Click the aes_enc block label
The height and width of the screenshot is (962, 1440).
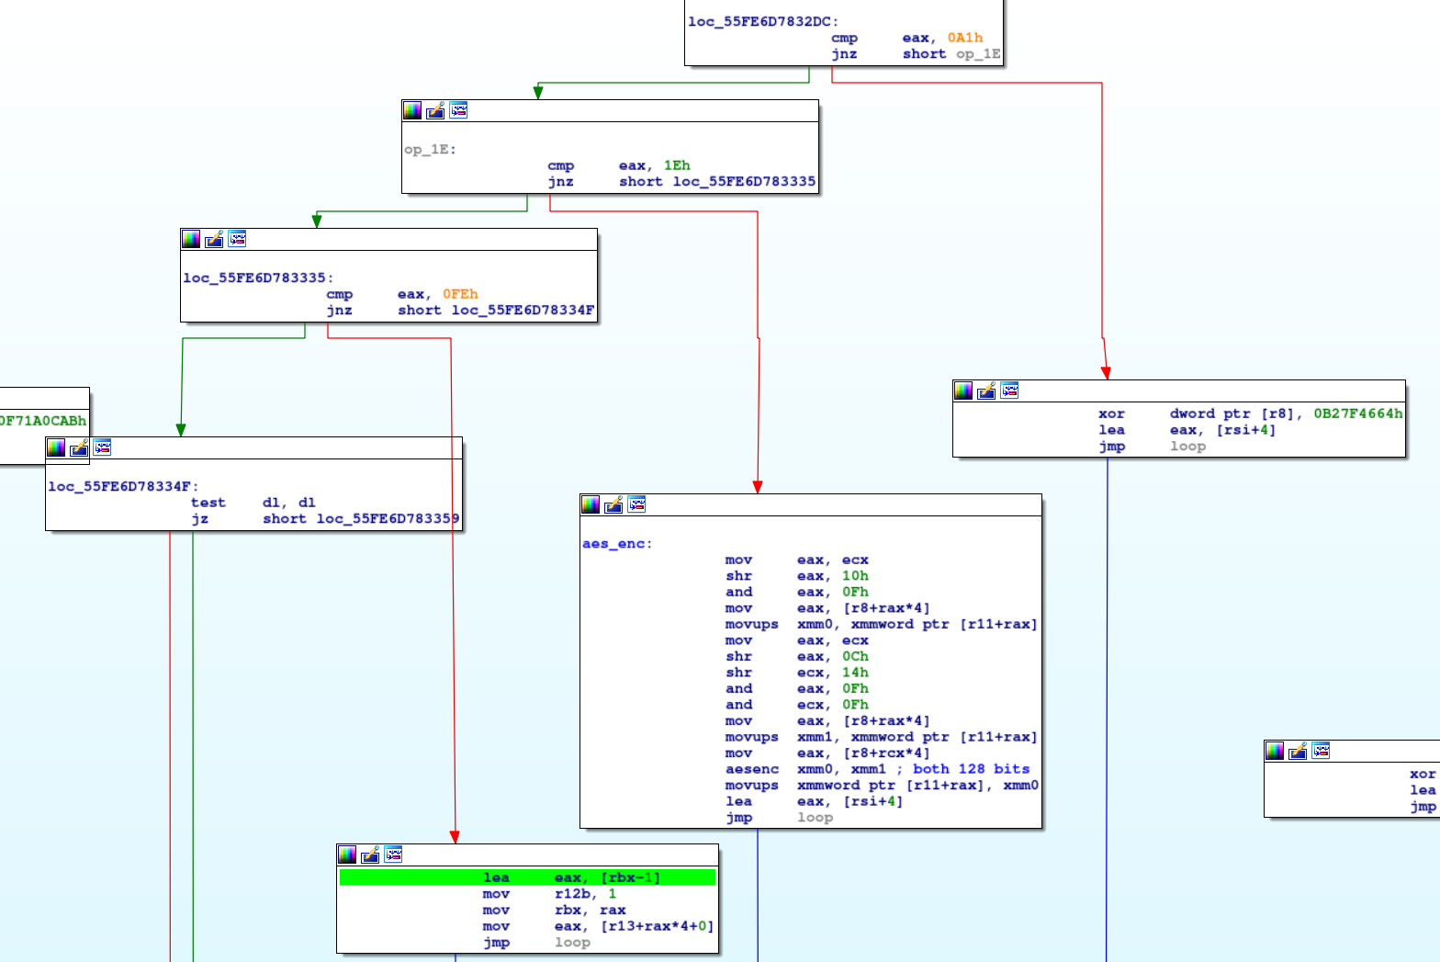(616, 544)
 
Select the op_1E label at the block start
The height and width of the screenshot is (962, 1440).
(430, 149)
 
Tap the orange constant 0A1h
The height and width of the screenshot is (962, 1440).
(965, 38)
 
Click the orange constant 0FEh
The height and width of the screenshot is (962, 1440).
(460, 294)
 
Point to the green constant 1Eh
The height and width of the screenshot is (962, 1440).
(677, 165)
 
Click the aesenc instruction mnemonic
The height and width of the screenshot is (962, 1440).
(751, 769)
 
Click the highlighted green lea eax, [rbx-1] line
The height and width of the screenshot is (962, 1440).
(527, 877)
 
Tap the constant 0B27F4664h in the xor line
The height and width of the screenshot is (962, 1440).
(1357, 413)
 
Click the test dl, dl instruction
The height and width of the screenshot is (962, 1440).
(253, 503)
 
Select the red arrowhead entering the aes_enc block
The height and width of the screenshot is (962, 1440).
(758, 487)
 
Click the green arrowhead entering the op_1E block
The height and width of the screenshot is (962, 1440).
(538, 92)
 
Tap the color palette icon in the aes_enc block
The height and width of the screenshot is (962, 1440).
(591, 504)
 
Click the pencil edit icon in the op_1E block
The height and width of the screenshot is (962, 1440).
(435, 110)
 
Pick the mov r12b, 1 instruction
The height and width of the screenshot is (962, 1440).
(549, 894)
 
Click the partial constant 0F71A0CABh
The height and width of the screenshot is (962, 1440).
(42, 421)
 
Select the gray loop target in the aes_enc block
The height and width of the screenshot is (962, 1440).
(815, 818)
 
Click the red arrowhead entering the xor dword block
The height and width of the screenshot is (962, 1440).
(1106, 373)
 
